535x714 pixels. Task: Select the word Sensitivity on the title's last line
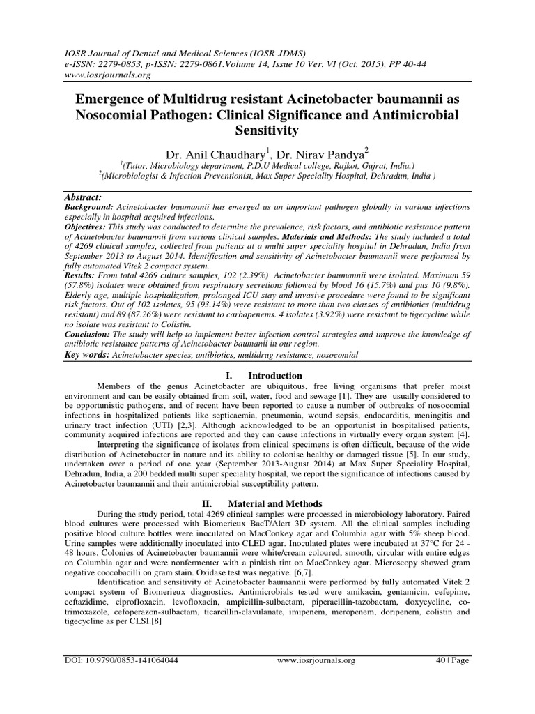point(267,130)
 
